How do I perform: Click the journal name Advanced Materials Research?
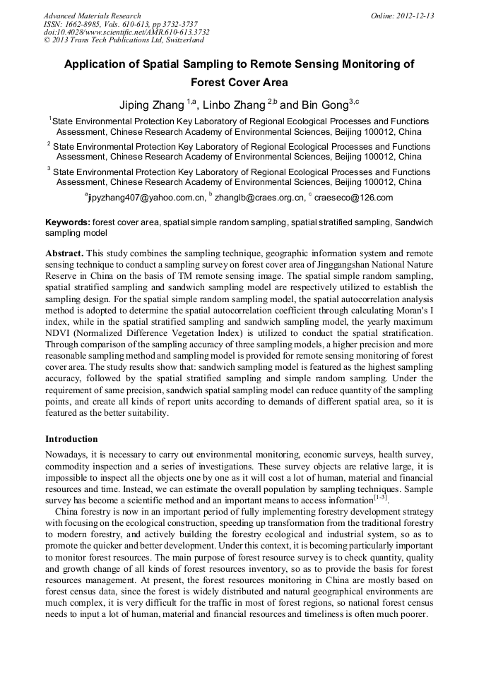coord(92,16)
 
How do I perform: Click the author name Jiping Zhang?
coord(150,105)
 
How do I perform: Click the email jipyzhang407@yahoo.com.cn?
coord(146,198)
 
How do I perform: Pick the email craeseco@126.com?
coord(353,198)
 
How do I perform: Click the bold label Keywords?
coord(68,222)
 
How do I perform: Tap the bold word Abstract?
coord(65,253)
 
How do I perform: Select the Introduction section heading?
coord(71,439)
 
